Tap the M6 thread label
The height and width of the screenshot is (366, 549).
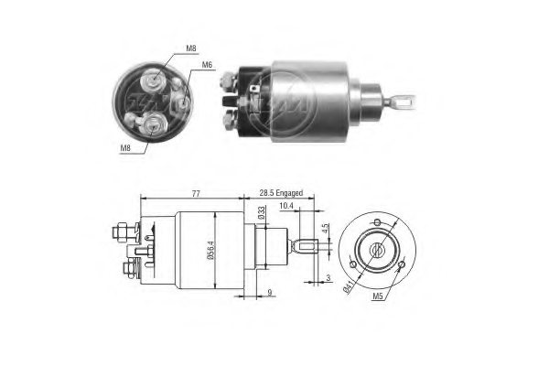[207, 65]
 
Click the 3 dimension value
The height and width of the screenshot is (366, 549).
[328, 276]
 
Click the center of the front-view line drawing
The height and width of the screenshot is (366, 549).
[377, 248]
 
